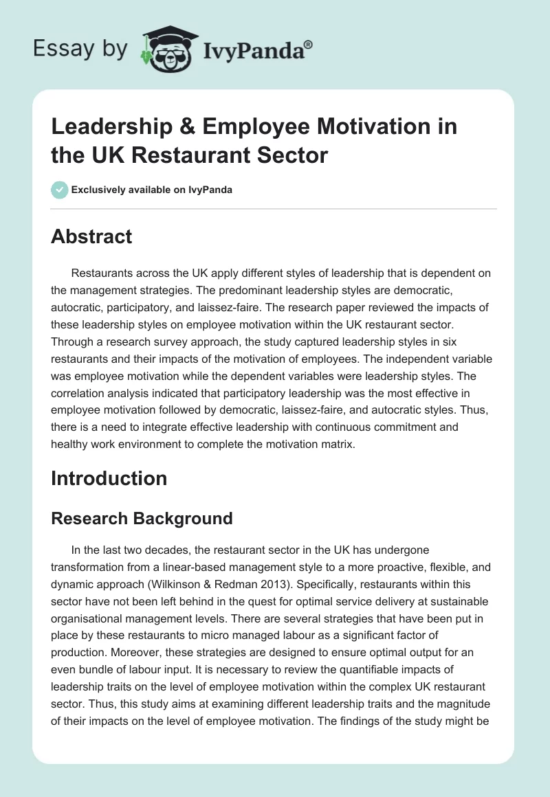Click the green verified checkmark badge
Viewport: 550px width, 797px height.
pos(60,190)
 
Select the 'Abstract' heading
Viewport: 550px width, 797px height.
pos(91,237)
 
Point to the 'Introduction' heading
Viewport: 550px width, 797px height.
pos(109,478)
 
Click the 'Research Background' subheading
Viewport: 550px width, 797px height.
pos(142,519)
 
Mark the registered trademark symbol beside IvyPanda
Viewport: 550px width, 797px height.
pos(309,43)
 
